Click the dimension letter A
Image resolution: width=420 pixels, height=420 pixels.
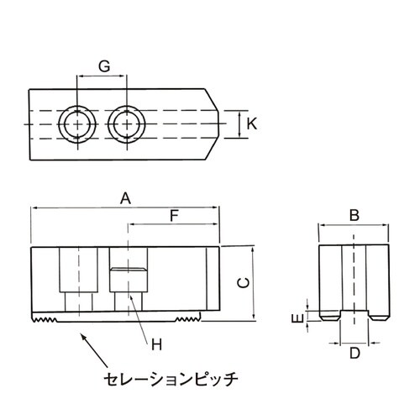click(125, 199)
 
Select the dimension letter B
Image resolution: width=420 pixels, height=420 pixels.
click(354, 216)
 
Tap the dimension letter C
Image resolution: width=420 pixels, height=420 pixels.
click(242, 283)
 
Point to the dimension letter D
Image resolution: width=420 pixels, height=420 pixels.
click(354, 354)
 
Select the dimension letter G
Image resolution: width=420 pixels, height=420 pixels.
click(103, 66)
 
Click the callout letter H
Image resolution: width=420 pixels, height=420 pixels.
click(155, 344)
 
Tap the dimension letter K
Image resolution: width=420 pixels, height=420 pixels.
click(252, 124)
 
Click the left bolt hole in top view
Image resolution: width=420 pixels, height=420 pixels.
click(77, 125)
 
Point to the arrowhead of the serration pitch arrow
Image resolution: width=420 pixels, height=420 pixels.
click(81, 334)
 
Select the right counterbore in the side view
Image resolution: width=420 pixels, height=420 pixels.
click(127, 279)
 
